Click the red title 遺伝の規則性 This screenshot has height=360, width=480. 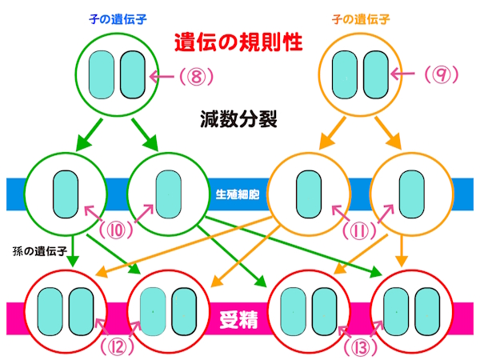point(239,41)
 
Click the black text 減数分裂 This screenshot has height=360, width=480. point(238,119)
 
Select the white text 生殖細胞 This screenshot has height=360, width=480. point(238,194)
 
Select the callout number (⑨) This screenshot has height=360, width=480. point(438,77)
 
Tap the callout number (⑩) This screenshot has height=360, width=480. point(119,230)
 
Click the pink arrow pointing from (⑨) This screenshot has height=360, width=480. point(407,77)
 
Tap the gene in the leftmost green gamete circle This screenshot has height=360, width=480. point(64,194)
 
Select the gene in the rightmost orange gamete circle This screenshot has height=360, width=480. point(410,194)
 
